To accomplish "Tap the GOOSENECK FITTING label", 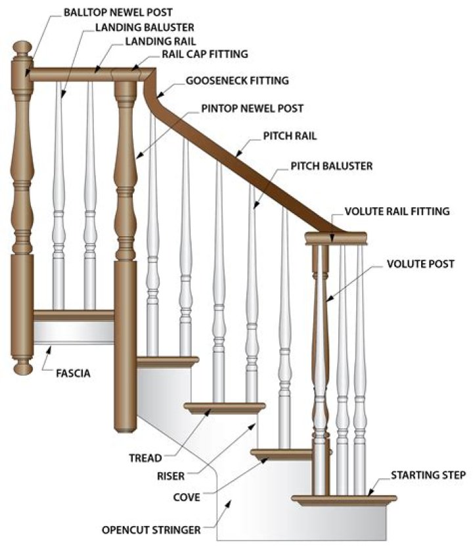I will pyautogui.click(x=237, y=81).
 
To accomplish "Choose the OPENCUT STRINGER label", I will pyautogui.click(x=161, y=529).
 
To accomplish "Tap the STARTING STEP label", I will pyautogui.click(x=428, y=474).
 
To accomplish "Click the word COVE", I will pyautogui.click(x=187, y=497).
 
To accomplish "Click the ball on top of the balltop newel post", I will pyautogui.click(x=23, y=50).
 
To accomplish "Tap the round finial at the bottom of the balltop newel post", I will pyautogui.click(x=23, y=365).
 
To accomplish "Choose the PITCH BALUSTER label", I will pyautogui.click(x=331, y=166).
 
